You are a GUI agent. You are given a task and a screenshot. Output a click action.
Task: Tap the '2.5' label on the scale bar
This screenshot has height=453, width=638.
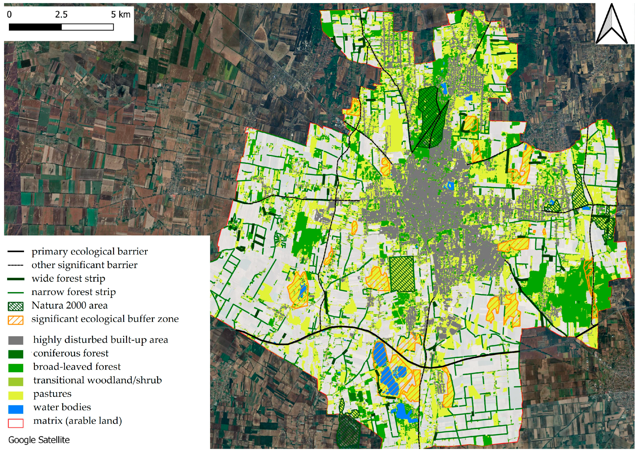61,15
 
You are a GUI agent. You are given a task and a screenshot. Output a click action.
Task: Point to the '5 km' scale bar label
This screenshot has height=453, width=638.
121,15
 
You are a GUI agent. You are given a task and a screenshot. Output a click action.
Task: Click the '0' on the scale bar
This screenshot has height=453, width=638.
9,15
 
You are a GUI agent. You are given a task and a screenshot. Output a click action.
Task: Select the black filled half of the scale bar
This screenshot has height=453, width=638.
35,27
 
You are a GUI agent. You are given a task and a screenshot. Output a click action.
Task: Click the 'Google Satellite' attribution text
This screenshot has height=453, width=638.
39,440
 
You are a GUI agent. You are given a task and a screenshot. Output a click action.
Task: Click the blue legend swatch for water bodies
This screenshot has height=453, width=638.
16,409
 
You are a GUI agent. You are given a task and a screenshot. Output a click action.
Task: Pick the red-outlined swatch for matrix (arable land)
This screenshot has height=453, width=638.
16,422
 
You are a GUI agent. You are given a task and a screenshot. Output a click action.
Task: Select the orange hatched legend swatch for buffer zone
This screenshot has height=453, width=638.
16,320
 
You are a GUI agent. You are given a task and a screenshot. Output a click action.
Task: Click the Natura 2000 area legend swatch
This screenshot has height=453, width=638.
16,306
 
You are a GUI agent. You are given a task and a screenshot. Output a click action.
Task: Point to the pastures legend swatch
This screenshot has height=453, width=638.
16,395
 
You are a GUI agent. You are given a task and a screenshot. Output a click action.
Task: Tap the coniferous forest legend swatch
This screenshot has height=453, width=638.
16,354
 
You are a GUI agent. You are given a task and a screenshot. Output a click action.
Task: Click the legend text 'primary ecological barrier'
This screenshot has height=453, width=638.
90,251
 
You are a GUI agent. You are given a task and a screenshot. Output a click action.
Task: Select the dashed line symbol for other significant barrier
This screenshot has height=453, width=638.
16,265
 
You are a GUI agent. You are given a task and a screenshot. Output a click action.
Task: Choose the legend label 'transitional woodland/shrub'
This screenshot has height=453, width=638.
97,380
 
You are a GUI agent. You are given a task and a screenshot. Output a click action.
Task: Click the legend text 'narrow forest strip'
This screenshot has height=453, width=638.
74,292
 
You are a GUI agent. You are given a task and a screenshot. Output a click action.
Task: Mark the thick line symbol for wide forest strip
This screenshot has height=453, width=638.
16,279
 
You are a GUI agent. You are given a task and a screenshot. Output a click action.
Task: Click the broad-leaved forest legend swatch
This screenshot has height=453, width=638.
16,368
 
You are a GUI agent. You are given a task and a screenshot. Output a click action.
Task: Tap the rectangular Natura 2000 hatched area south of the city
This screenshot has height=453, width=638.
402,274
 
